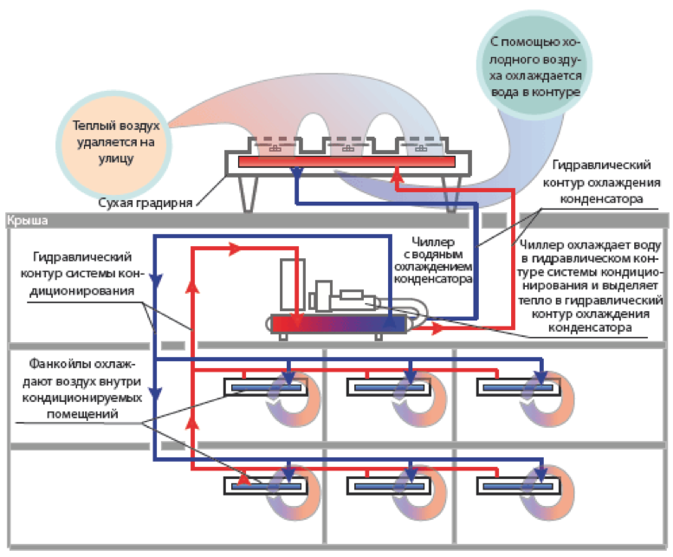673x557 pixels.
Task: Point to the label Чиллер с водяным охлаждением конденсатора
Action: point(433,261)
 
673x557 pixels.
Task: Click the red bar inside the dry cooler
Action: point(346,162)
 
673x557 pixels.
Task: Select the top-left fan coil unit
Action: point(264,387)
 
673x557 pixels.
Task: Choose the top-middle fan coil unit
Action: point(386,387)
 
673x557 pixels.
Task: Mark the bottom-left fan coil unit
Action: point(264,485)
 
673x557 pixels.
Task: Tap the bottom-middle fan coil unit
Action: point(386,485)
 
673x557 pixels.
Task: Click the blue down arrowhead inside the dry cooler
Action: point(296,173)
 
